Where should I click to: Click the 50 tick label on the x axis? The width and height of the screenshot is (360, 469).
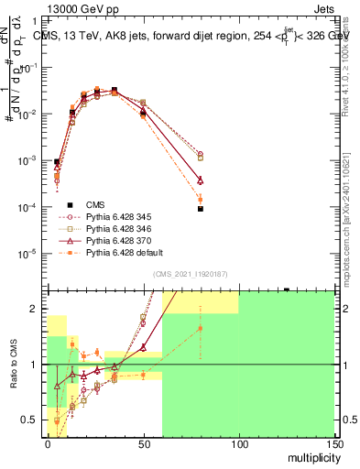143,443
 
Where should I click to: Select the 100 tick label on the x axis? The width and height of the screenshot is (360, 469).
239,443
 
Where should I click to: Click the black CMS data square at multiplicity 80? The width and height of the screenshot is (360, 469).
201,209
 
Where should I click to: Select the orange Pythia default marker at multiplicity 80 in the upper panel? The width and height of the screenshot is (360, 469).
201,199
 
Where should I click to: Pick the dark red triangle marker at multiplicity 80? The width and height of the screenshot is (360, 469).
201,180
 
